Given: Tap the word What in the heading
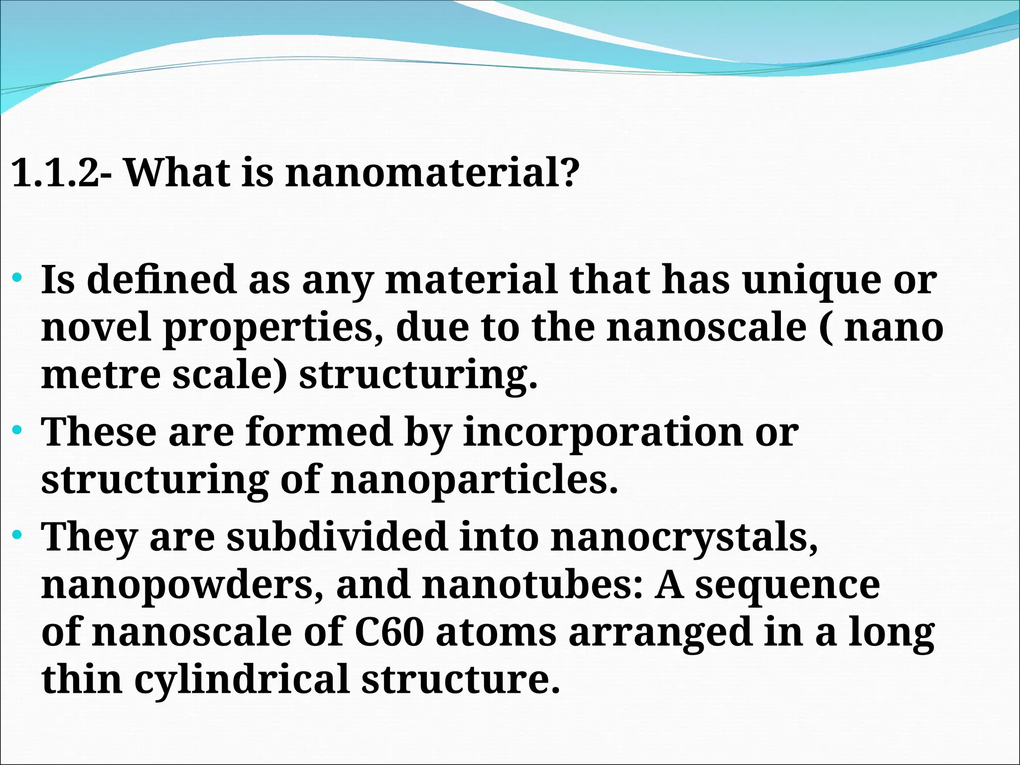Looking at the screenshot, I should click(x=177, y=173).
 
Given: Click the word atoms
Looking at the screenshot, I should click(x=496, y=633).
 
